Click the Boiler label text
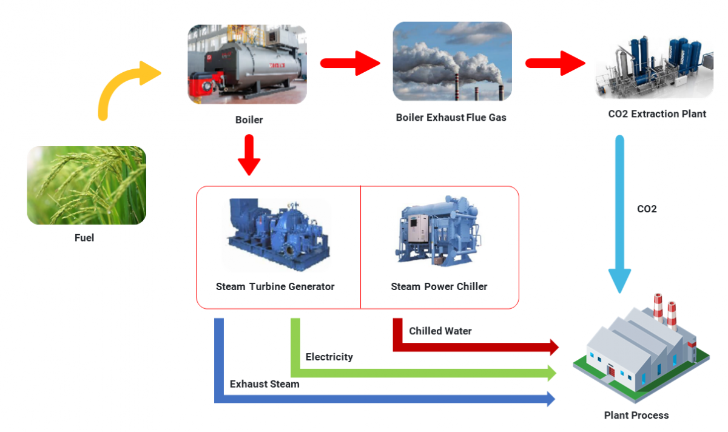coord(249,120)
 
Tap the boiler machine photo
coord(247,64)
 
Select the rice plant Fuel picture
coord(87,185)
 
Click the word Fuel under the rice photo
coord(84,238)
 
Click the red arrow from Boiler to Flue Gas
coord(349,63)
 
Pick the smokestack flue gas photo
coord(452,61)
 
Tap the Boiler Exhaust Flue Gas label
coord(451,117)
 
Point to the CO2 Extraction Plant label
coord(657,113)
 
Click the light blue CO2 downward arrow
coord(619,212)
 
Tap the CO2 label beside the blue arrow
coord(647,209)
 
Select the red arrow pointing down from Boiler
coord(249,155)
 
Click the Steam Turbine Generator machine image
coord(277,234)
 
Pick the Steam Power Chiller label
coord(439,286)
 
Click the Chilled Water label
coord(440,331)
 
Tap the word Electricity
coord(329,357)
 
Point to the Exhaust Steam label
coord(265,384)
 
